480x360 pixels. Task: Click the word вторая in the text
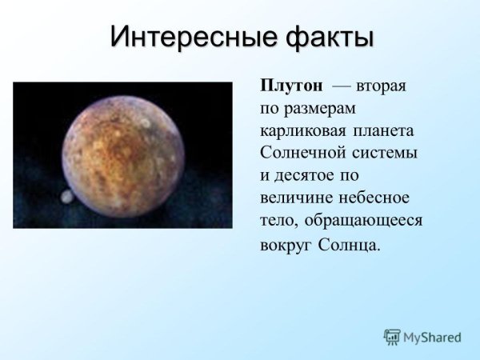tap(382, 86)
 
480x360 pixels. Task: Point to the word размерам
tap(324, 108)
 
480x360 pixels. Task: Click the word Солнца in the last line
tap(349, 243)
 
